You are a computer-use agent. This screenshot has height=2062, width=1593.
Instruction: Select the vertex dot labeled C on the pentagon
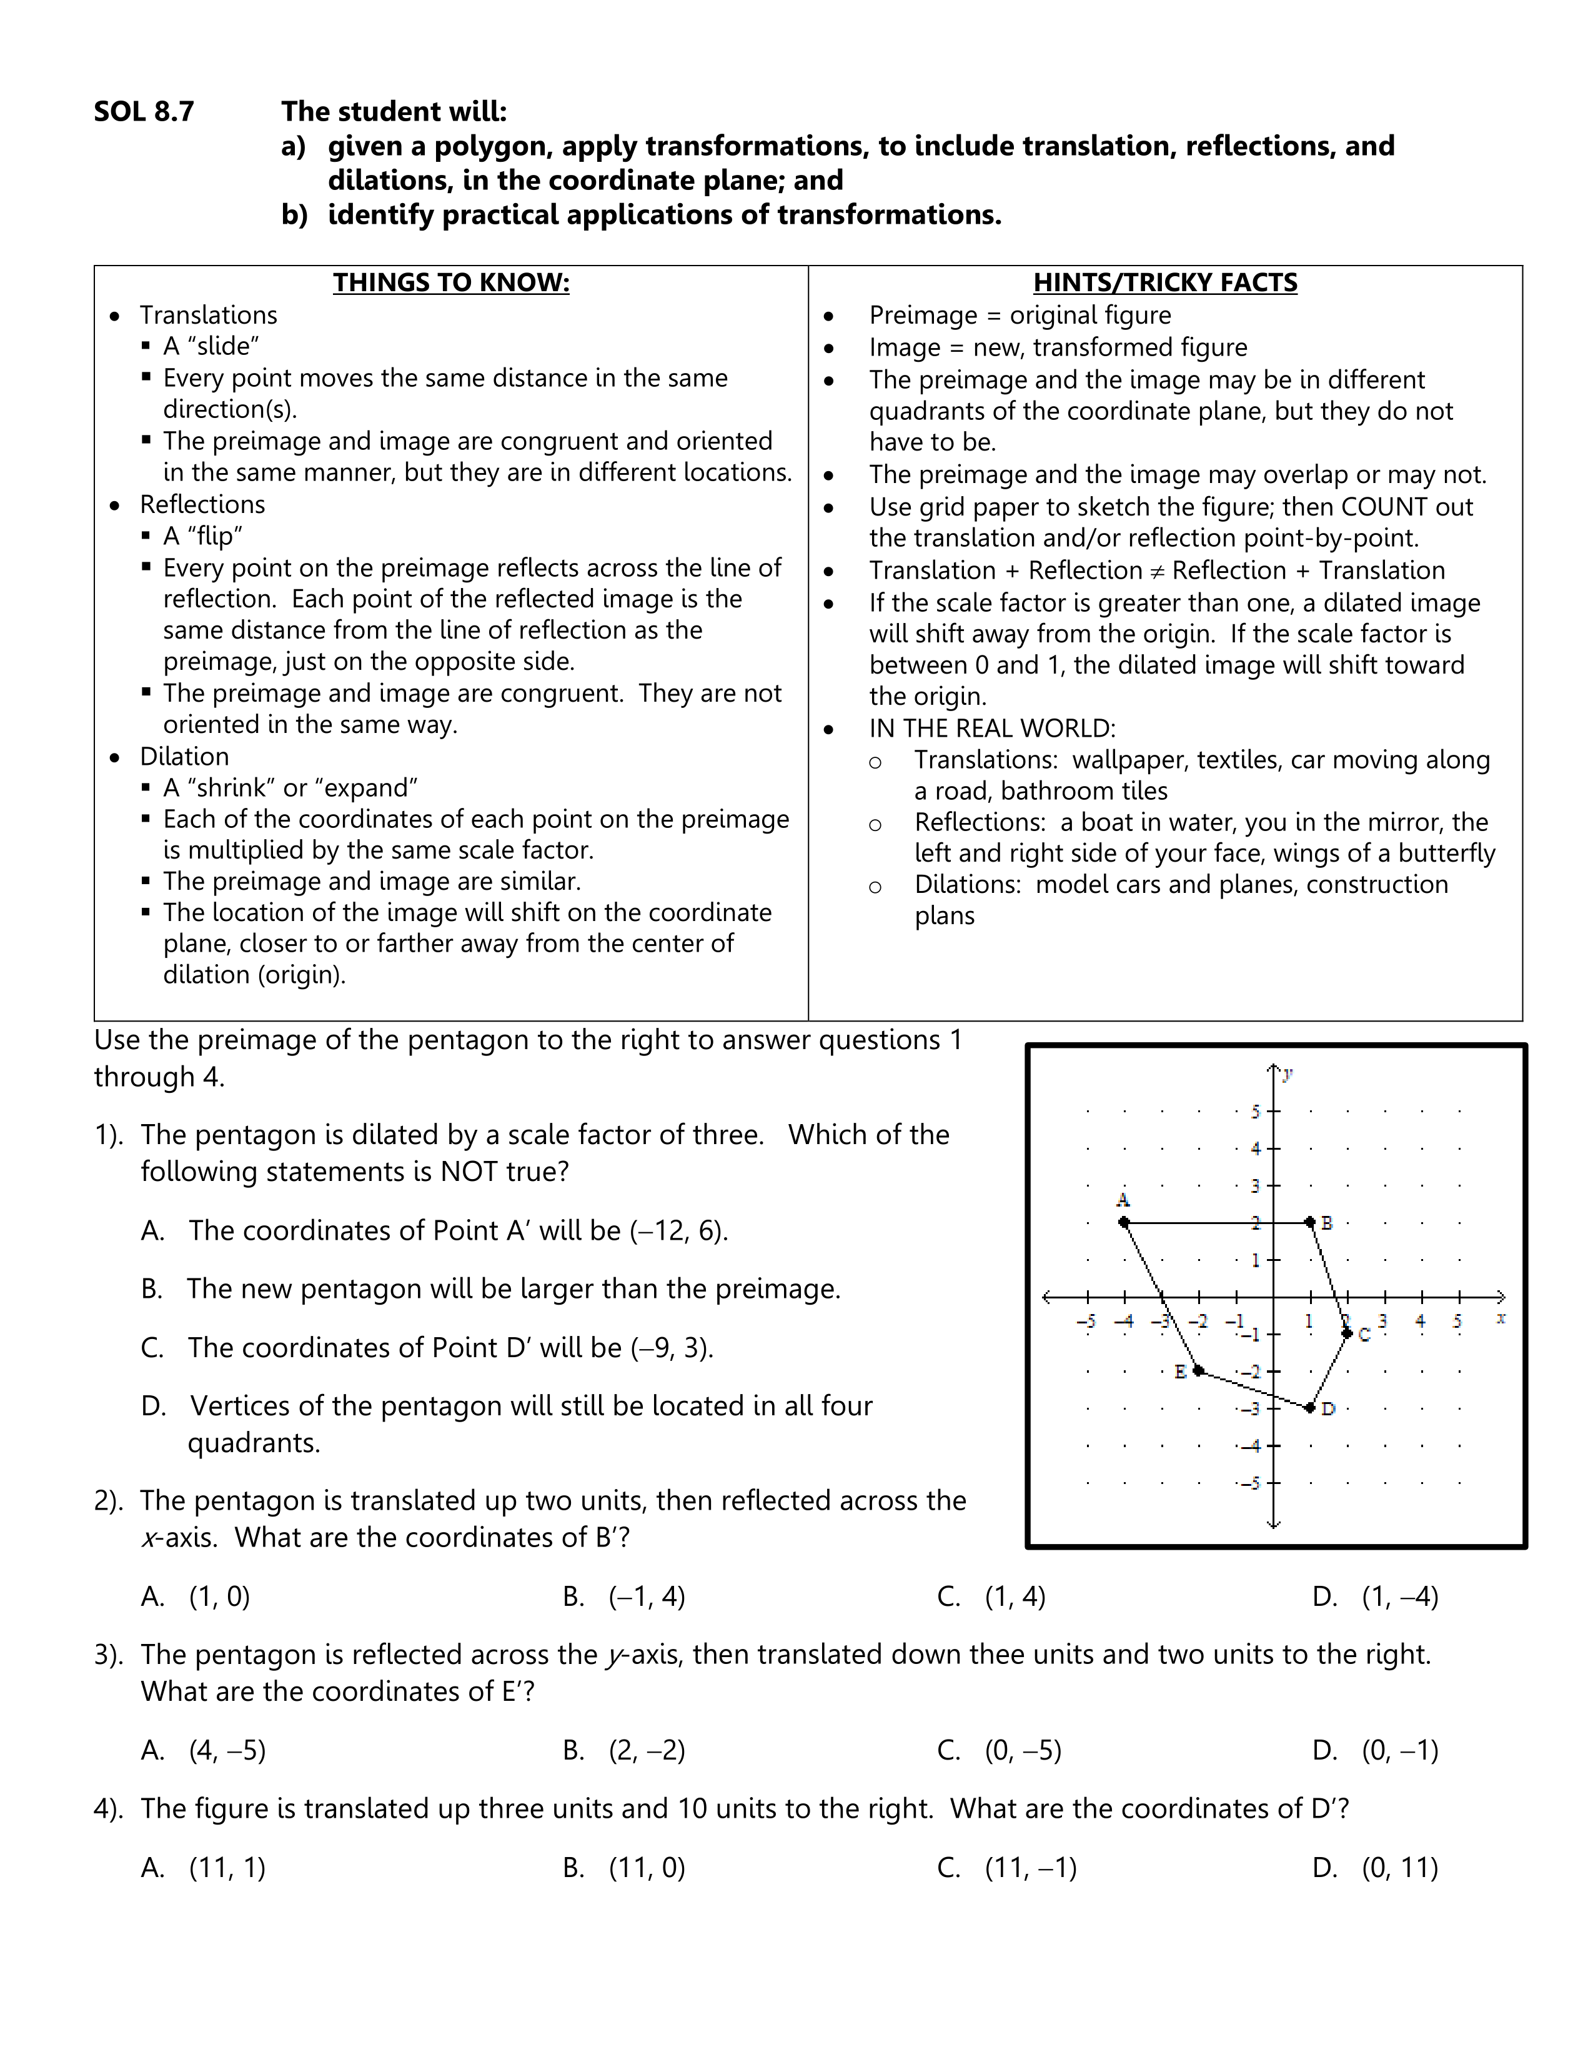pyautogui.click(x=1347, y=1333)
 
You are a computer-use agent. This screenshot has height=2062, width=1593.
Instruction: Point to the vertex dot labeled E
pyautogui.click(x=1199, y=1370)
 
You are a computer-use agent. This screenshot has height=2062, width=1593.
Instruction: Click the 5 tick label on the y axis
pyautogui.click(x=1255, y=1111)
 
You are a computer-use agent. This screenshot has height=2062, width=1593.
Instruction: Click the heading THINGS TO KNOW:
pyautogui.click(x=451, y=282)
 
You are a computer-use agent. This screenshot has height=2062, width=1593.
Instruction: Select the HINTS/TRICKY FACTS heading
pyautogui.click(x=1164, y=282)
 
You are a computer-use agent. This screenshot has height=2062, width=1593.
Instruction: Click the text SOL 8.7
pyautogui.click(x=144, y=111)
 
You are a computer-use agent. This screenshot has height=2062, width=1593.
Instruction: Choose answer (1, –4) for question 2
pyautogui.click(x=1399, y=1596)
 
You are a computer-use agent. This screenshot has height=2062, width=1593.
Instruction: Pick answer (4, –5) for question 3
pyautogui.click(x=227, y=1750)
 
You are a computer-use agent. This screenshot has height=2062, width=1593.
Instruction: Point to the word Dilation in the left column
pyautogui.click(x=184, y=756)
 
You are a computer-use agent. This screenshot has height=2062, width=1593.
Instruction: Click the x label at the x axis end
pyautogui.click(x=1501, y=1318)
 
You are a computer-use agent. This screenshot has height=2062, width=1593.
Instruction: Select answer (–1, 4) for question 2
pyautogui.click(x=647, y=1596)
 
